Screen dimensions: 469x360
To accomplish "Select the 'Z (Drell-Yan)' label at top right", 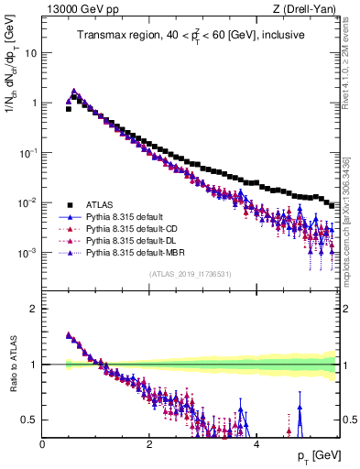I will tap(306, 8).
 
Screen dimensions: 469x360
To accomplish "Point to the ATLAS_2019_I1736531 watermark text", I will tap(190, 274).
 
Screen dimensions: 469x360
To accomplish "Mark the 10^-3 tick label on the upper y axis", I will tap(28, 252).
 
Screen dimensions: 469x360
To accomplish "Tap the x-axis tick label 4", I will tap(256, 444).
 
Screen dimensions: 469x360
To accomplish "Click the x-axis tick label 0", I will tap(42, 444).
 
